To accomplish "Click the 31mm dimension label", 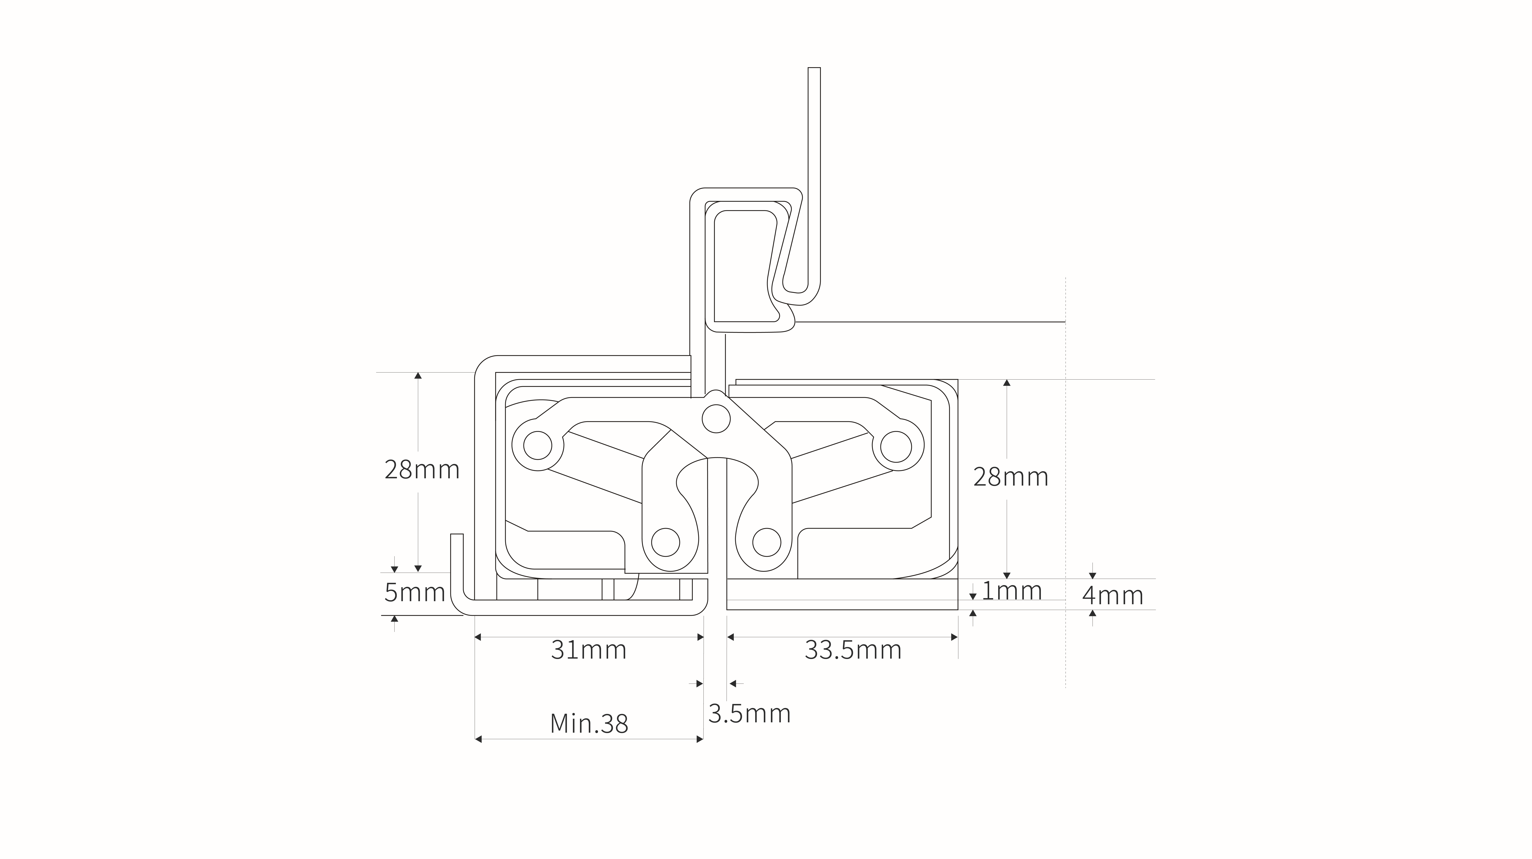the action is tap(589, 650).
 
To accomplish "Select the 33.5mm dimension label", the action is tap(853, 650).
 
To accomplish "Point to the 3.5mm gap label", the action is tap(749, 713).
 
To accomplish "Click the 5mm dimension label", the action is tap(415, 593).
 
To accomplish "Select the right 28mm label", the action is tap(1010, 477).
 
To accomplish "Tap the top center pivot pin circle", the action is tap(716, 419).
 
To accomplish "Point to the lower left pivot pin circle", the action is tap(666, 541).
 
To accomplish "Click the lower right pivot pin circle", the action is tap(767, 541).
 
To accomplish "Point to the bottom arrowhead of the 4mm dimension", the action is tap(1093, 613).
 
